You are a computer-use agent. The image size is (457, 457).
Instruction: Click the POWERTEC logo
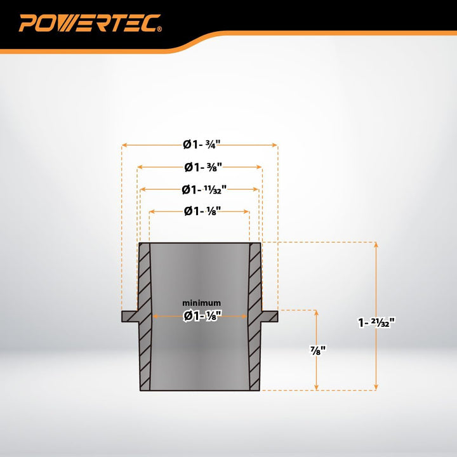pos(89,23)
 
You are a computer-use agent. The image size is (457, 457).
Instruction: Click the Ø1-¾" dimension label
pos(201,144)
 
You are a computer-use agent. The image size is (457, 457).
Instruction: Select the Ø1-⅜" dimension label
pos(203,167)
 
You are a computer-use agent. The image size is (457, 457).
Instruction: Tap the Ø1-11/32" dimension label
pos(204,189)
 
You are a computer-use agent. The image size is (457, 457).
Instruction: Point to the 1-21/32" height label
pos(376,322)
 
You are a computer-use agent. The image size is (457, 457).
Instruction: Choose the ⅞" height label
pos(317,350)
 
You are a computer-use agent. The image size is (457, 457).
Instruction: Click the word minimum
pos(201,303)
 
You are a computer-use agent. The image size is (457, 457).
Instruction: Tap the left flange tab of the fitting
pos(129,316)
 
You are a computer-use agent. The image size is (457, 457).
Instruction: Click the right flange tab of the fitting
pos(270,316)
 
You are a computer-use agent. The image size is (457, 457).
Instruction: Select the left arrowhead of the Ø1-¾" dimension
pos(124,145)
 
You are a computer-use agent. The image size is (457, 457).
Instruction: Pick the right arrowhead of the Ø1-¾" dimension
pos(275,145)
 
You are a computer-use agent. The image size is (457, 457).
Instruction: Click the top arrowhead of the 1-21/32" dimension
pos(376,244)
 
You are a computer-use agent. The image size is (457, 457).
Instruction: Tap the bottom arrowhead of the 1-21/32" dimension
pos(376,388)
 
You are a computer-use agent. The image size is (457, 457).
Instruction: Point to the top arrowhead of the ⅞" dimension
pos(317,313)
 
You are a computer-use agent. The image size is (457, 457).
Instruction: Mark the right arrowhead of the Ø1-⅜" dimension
pos(259,167)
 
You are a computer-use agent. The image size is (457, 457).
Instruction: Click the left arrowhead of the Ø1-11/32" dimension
pos(143,189)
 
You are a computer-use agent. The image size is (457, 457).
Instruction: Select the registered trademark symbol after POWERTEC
pos(159,29)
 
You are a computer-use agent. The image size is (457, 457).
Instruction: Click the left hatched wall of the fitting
pos(145,317)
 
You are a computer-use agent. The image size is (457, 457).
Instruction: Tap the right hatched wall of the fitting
pos(255,317)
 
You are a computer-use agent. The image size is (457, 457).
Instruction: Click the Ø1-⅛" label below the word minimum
pos(202,316)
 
